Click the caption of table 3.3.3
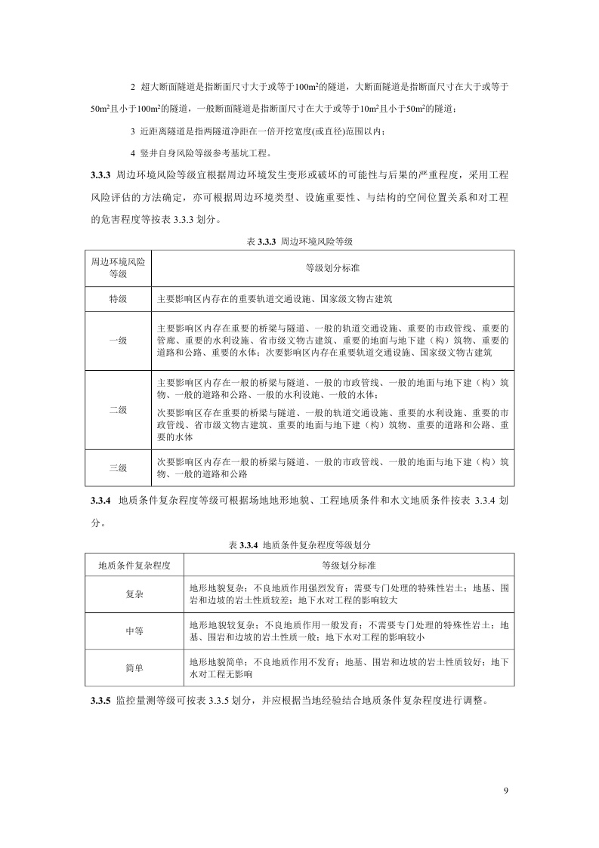[300, 242]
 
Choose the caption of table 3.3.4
[300, 544]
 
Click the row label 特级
[118, 299]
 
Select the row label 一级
[118, 341]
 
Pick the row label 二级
[118, 410]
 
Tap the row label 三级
[118, 467]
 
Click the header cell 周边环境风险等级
[118, 268]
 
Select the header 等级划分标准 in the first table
[332, 267]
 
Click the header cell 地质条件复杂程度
[134, 565]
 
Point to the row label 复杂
[134, 594]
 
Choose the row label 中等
[134, 631]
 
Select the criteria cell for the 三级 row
[332, 467]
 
